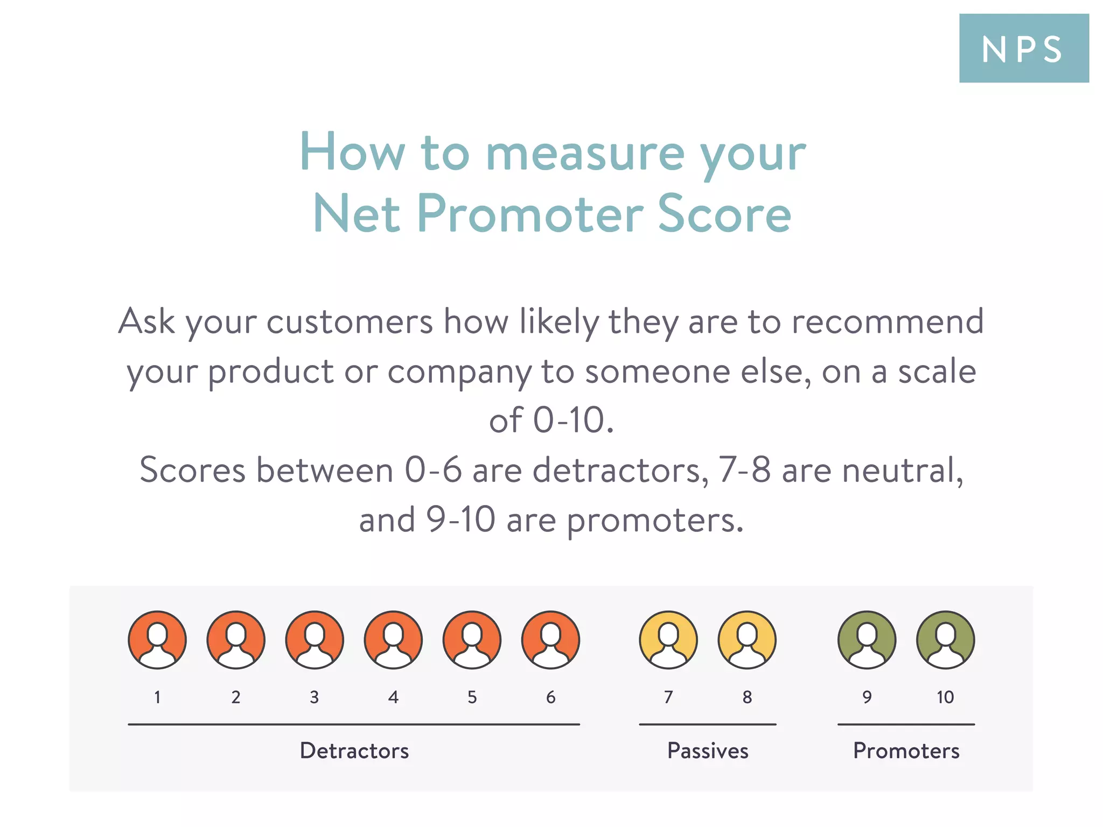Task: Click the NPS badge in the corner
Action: [x=1023, y=48]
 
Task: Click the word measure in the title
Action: [x=585, y=153]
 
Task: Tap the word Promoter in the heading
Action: [x=530, y=214]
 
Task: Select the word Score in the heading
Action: [x=724, y=214]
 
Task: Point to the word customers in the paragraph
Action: [x=350, y=322]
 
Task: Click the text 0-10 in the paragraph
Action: [x=573, y=420]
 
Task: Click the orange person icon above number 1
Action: [x=157, y=640]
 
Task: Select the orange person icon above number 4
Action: [x=393, y=640]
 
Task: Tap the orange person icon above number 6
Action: [x=550, y=640]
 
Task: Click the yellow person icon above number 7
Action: [x=668, y=640]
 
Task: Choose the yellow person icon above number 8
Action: [x=747, y=640]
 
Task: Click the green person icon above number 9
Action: [x=867, y=640]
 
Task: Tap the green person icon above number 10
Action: [x=945, y=640]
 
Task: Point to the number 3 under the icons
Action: [x=315, y=697]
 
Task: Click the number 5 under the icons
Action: [x=472, y=697]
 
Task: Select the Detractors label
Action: [x=354, y=751]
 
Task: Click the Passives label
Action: [x=708, y=751]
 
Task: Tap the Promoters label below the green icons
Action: [x=906, y=751]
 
